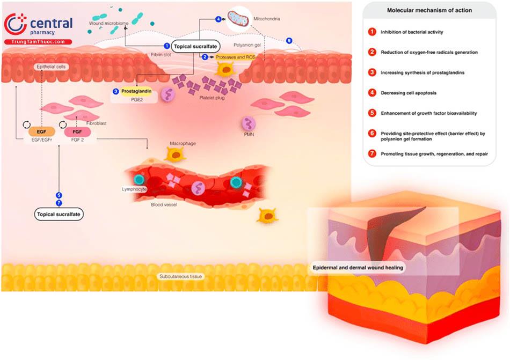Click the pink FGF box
tap(77, 131)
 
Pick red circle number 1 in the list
tap(371, 32)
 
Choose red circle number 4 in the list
tap(371, 93)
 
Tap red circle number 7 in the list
tap(371, 153)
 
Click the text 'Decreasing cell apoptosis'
tap(409, 93)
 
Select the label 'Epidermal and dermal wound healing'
tap(358, 267)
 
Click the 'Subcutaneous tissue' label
tap(180, 276)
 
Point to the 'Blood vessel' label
tap(164, 205)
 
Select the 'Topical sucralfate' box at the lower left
tap(60, 214)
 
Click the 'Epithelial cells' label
tap(50, 67)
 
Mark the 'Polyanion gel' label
tap(247, 45)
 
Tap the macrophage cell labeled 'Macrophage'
tap(175, 155)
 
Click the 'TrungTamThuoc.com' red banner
tap(38, 42)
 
